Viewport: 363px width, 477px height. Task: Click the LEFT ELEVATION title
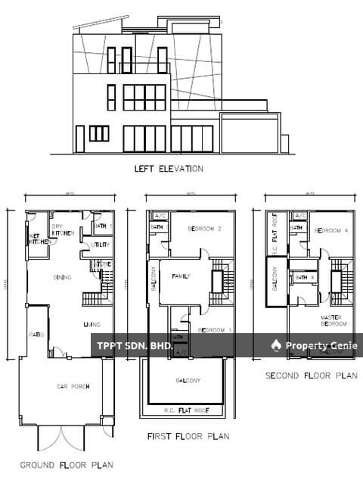point(167,169)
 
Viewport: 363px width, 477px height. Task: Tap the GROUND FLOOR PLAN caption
point(67,464)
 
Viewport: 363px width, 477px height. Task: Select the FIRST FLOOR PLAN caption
point(188,436)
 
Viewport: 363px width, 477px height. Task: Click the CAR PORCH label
point(73,386)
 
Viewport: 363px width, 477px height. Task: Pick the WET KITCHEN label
point(38,239)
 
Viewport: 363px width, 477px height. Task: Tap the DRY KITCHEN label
point(62,230)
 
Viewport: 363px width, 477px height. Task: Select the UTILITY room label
point(101,245)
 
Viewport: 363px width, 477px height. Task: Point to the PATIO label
point(37,335)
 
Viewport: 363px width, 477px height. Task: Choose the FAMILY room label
point(180,276)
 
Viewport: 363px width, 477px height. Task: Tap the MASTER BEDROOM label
point(334,320)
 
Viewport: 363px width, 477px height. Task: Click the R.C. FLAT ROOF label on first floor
point(187,410)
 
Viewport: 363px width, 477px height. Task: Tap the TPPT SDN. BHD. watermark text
point(135,346)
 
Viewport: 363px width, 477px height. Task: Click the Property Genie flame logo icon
point(277,345)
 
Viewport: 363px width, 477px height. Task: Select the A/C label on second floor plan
point(299,216)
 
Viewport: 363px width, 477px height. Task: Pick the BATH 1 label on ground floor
point(103,226)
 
